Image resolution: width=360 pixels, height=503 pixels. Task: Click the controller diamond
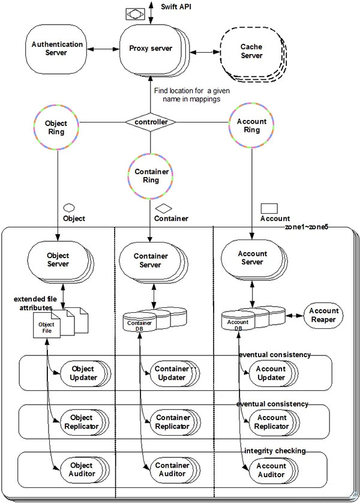(151, 122)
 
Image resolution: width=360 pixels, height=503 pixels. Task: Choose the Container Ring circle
(151, 175)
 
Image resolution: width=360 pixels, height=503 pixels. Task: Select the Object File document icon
(47, 328)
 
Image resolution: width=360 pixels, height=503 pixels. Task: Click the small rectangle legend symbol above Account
(268, 208)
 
